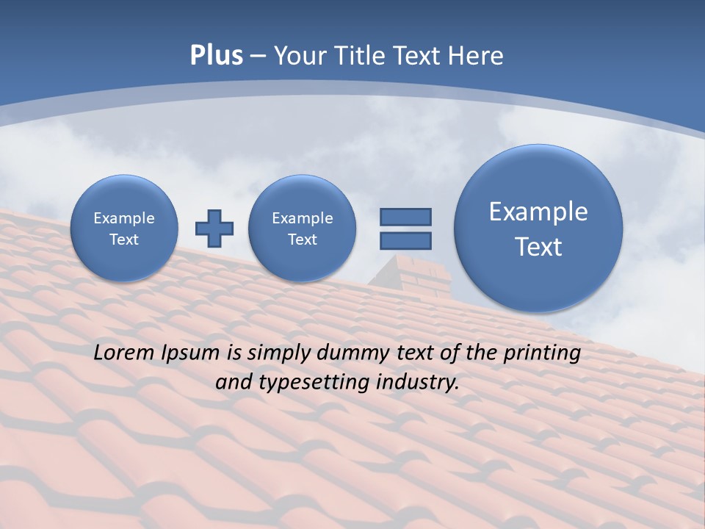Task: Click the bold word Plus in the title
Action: pos(216,56)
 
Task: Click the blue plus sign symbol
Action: pos(214,228)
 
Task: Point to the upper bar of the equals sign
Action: pos(405,217)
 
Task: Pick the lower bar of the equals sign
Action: pos(405,240)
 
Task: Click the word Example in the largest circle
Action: pos(538,212)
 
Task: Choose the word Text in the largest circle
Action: pos(538,247)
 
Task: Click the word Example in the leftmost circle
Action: pos(124,218)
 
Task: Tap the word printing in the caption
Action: pos(542,353)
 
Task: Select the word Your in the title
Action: pos(297,56)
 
